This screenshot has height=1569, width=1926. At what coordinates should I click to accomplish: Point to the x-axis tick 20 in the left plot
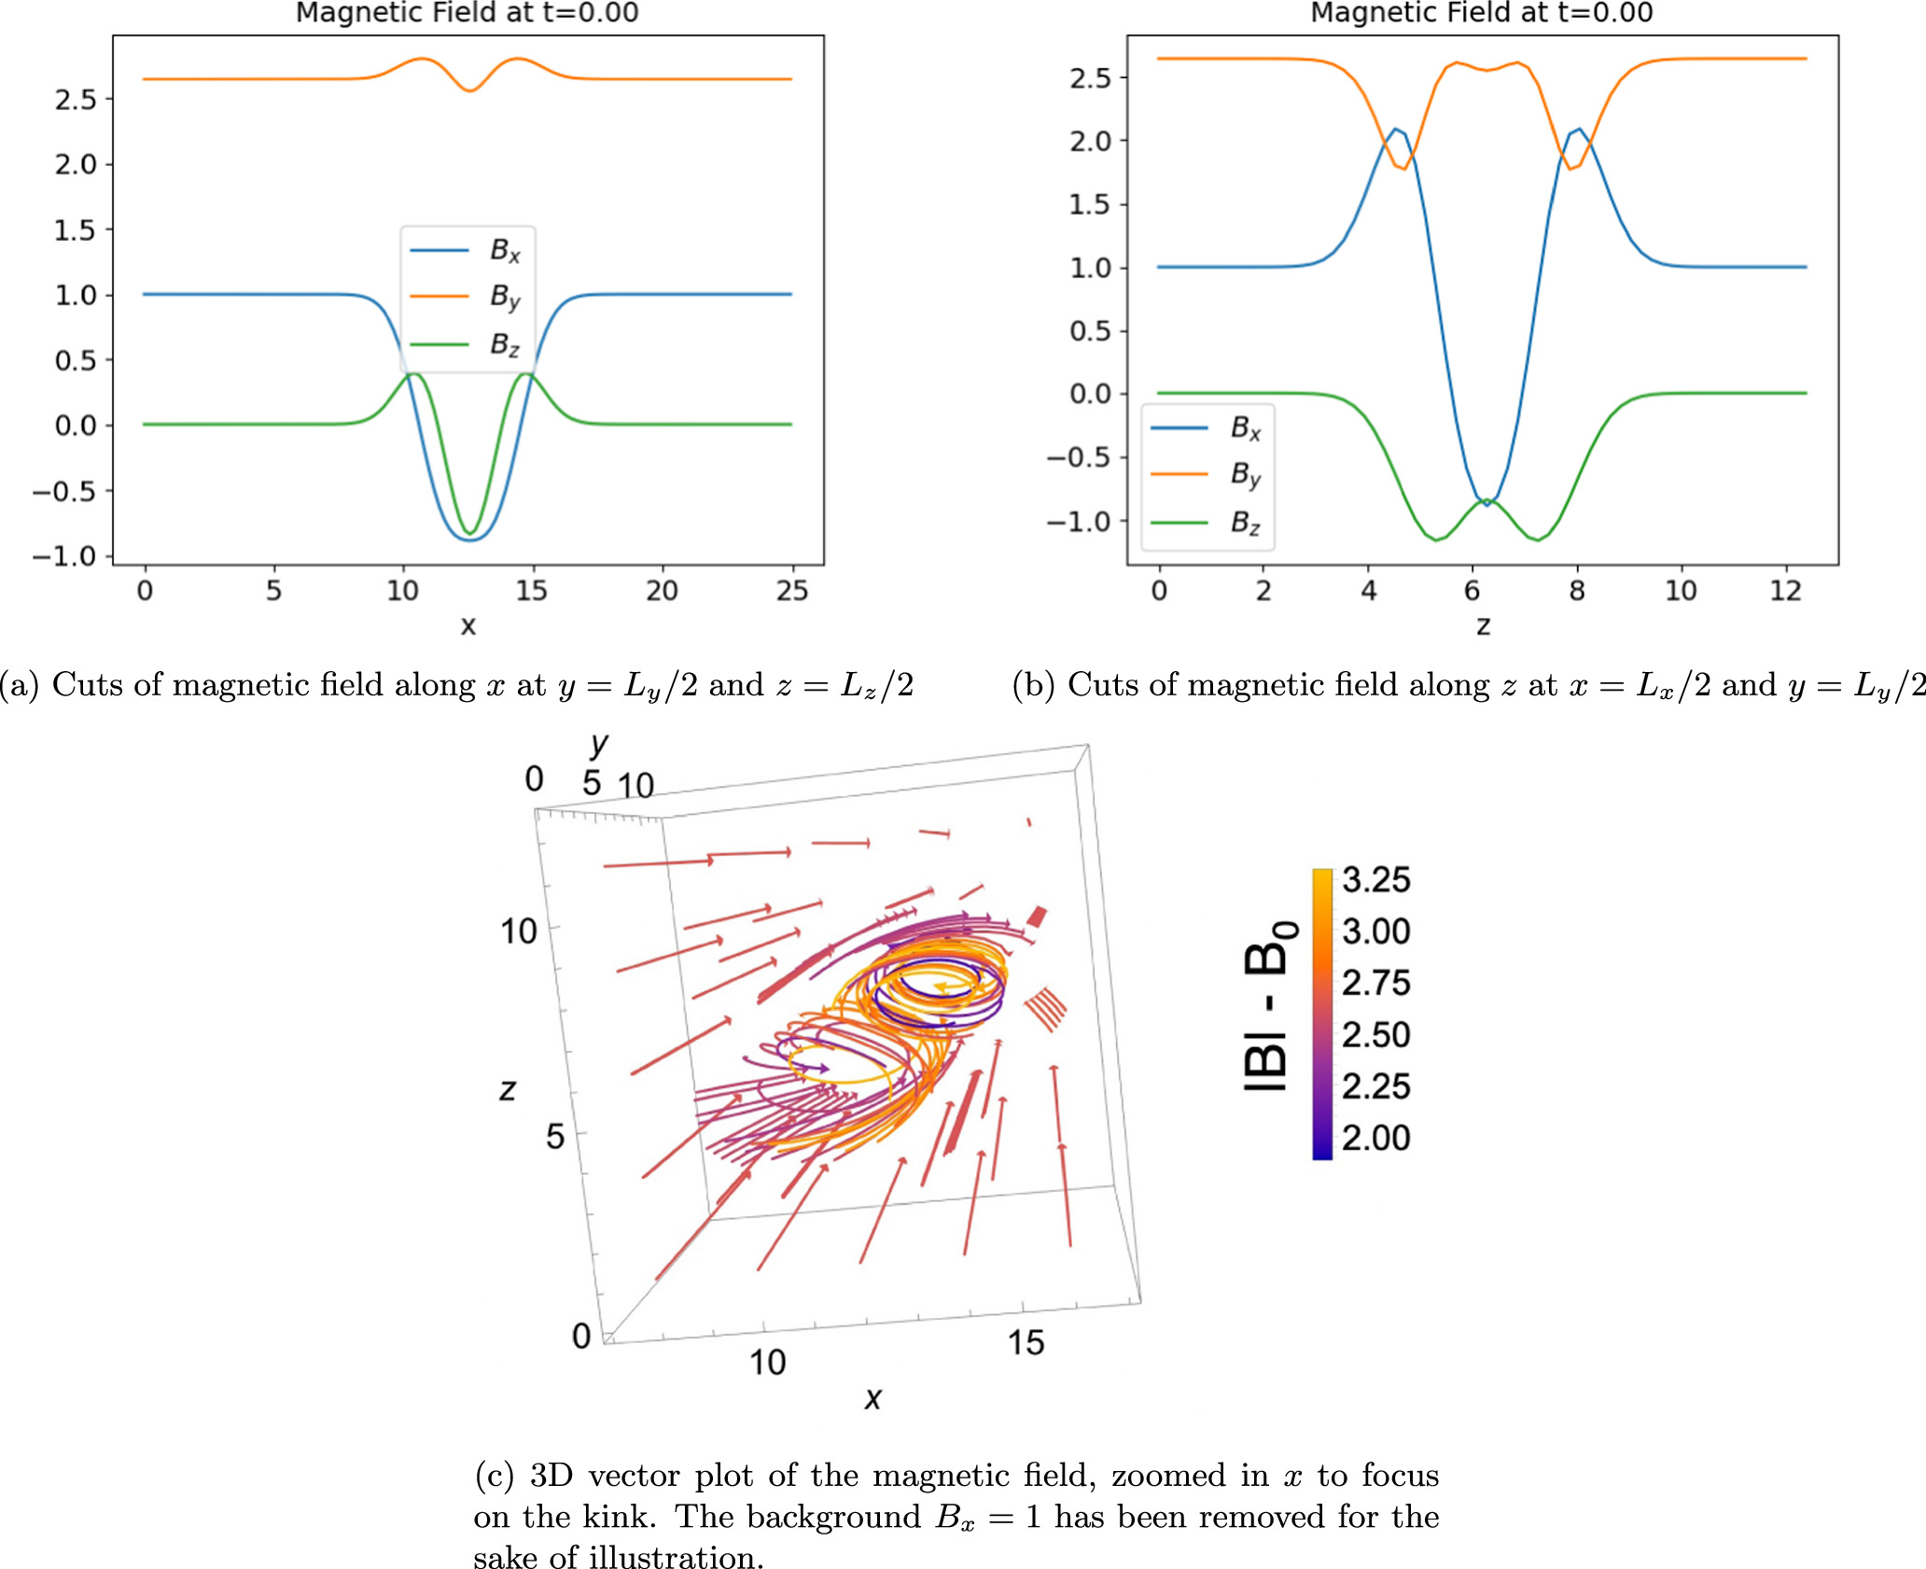coord(662,591)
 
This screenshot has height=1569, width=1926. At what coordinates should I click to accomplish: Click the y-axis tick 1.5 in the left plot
coord(75,230)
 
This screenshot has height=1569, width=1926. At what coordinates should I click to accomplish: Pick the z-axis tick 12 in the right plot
coord(1785,591)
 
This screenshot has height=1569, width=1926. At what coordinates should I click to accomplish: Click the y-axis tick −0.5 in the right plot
coord(1079,457)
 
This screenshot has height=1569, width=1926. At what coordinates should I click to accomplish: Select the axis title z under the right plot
coord(1483,625)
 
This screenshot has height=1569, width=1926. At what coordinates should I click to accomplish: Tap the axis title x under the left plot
coord(468,625)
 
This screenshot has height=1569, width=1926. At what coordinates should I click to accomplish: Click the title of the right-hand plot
coord(1482,13)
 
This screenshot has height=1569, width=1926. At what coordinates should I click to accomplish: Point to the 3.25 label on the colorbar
coord(1375,880)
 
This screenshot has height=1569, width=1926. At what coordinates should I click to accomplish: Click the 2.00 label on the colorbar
coord(1375,1138)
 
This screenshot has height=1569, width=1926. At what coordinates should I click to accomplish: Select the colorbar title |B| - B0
coord(1270,1005)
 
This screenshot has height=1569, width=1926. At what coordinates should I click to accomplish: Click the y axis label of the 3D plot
coord(598,745)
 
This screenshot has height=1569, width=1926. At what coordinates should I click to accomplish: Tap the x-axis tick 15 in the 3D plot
coord(1026,1343)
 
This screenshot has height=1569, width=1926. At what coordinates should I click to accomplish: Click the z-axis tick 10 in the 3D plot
coord(519,931)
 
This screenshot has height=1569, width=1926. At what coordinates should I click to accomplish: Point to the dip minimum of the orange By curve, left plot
coord(470,91)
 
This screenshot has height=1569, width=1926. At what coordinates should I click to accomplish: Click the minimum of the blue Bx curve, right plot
coord(1487,504)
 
